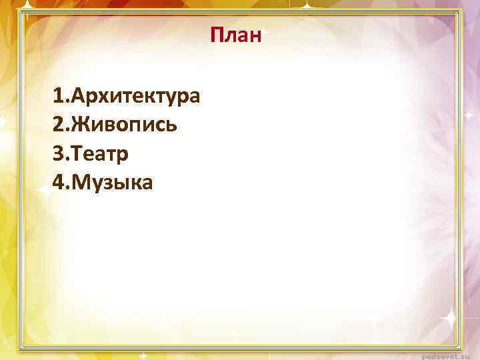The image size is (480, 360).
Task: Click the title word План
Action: pos(235,34)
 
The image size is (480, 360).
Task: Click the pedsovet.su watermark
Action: pos(450,354)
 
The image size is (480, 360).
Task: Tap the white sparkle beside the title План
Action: pos(265,33)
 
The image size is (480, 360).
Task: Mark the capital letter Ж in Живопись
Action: pos(83,125)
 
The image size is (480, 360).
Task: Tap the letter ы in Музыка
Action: pos(122,183)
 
